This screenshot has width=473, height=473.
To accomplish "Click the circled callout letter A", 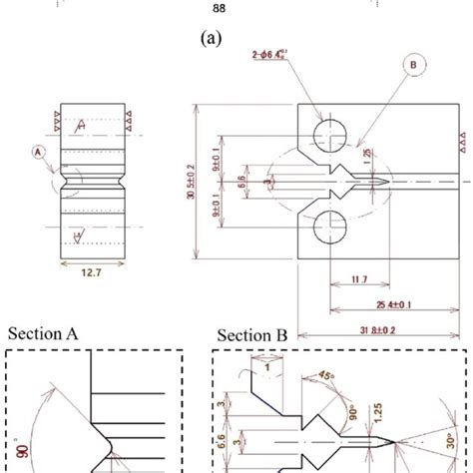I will [39, 153].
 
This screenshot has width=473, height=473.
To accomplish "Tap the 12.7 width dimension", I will [92, 281].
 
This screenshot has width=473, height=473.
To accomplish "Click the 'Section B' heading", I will [250, 336].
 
